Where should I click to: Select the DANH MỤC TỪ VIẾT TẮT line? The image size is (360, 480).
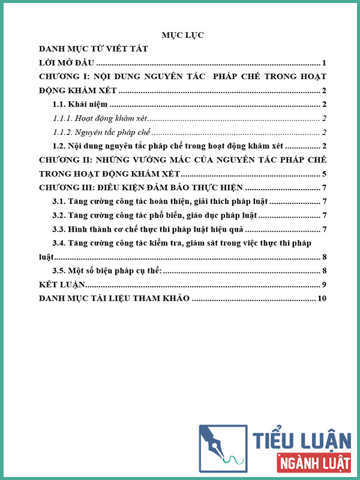93,49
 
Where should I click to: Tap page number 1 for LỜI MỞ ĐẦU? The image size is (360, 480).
323,63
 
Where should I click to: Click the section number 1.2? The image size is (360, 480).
59,146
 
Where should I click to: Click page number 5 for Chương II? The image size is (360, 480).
323,174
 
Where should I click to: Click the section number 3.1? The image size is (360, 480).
59,202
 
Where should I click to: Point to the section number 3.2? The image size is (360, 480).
59,215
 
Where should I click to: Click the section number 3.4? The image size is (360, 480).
59,243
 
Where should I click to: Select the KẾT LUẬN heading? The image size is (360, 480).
62,284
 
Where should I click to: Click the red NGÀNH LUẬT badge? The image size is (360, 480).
314,463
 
